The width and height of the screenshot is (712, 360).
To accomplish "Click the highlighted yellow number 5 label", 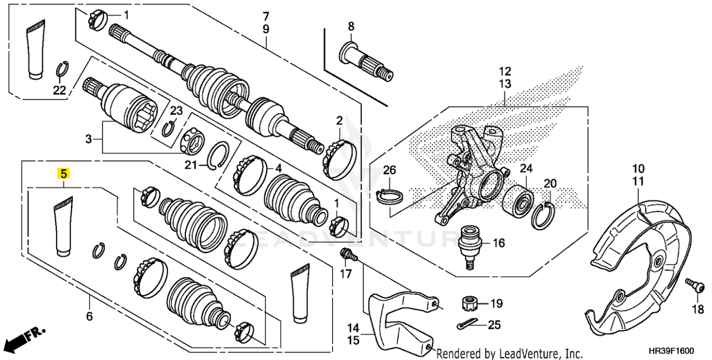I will (63, 174).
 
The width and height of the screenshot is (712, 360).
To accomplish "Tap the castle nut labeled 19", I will (468, 304).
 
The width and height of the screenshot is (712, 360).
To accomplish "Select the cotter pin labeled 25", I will (470, 325).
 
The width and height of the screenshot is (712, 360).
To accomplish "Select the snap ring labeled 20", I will (544, 215).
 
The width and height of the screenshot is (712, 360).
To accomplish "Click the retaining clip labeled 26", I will (389, 196).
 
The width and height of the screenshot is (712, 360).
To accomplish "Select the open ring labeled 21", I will (220, 155).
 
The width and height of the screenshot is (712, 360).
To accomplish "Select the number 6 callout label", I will (89, 316).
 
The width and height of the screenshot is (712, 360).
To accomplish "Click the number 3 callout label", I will (89, 139).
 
